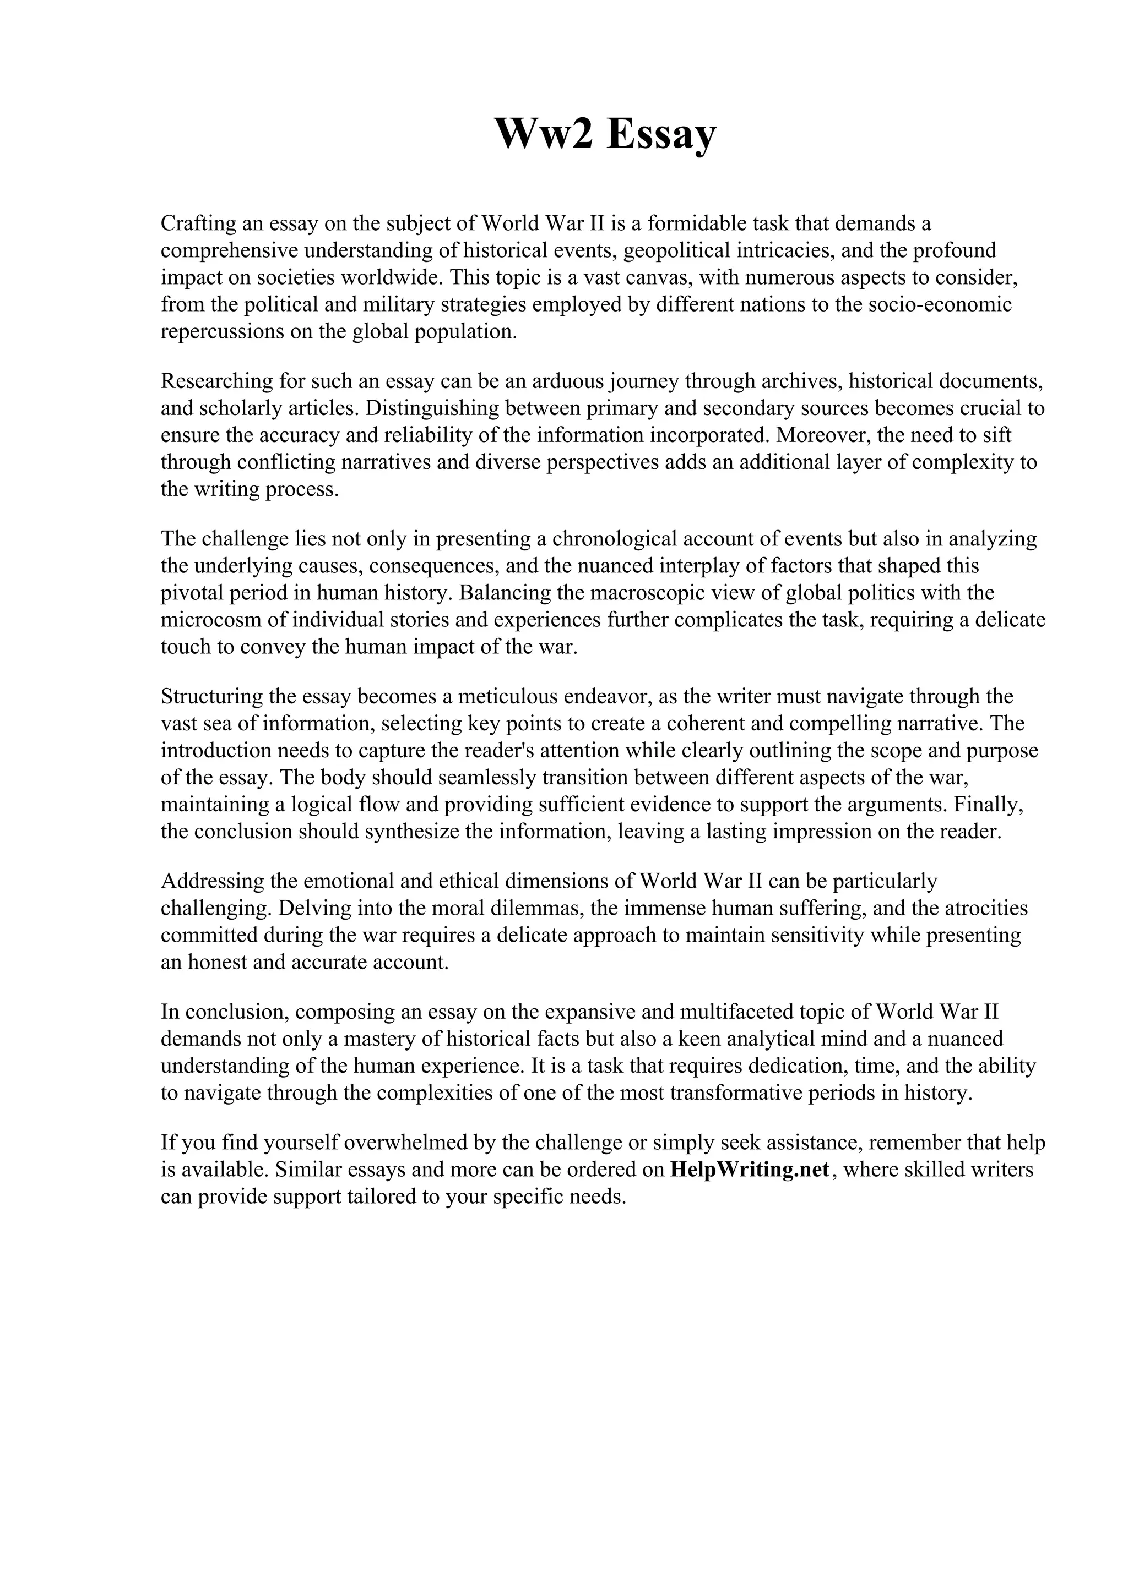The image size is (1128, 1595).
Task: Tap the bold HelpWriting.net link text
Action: [749, 1170]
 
